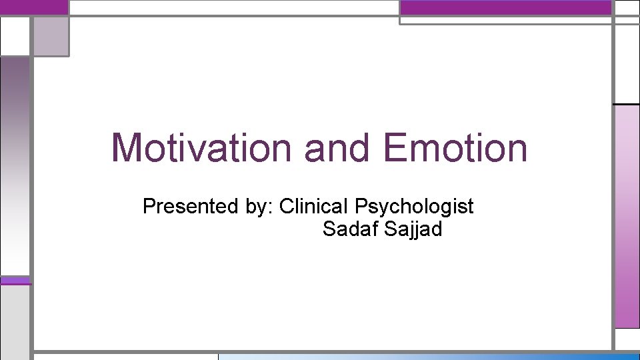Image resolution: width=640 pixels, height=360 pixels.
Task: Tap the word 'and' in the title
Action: (337, 147)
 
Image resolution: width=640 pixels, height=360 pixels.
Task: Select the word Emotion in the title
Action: (455, 147)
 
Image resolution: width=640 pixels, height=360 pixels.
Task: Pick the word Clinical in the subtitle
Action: (315, 207)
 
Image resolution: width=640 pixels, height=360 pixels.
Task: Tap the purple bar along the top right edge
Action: (505, 7)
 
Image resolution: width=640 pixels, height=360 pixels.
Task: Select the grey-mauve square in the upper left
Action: (50, 36)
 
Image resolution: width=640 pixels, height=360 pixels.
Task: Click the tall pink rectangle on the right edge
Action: (627, 217)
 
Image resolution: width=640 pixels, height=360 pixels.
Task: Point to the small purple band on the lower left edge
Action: (15, 281)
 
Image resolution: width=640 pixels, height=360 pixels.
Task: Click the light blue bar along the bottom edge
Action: (427, 356)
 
